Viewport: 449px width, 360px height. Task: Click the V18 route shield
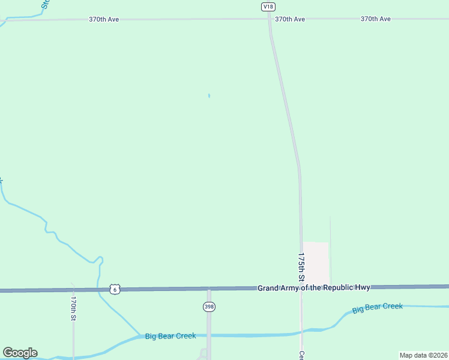[x=268, y=6]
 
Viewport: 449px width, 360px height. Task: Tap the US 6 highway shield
[x=115, y=289]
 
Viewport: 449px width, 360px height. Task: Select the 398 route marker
[x=208, y=307]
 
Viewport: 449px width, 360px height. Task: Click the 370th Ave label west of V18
[x=104, y=19]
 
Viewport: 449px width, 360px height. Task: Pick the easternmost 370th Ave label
[x=376, y=19]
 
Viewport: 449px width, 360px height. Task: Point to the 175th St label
[x=301, y=267]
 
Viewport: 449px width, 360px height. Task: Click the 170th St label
[x=73, y=307]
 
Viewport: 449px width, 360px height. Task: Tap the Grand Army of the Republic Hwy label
[x=314, y=288]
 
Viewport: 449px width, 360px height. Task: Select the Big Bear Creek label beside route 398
[x=170, y=336]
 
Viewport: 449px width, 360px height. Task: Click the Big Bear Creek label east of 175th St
[x=377, y=308]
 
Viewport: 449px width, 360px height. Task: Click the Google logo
[x=20, y=353]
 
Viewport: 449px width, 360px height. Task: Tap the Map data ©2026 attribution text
[x=423, y=355]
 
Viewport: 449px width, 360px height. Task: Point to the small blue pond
[x=209, y=95]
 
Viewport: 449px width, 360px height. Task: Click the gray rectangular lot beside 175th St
[x=316, y=263]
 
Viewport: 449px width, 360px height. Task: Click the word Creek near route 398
[x=185, y=336]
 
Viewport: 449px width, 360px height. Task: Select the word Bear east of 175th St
[x=376, y=308]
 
